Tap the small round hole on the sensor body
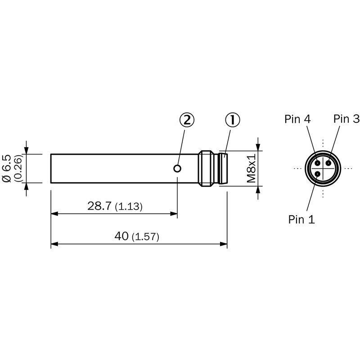[178, 169]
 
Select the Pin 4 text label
[297, 119]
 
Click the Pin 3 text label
[346, 119]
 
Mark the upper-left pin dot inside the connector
[318, 163]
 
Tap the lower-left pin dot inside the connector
[318, 174]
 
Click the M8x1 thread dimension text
[252, 168]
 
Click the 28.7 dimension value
[99, 206]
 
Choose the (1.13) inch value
[129, 207]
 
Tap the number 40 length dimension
[121, 236]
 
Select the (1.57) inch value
[145, 237]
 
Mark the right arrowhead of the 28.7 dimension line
[174, 214]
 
